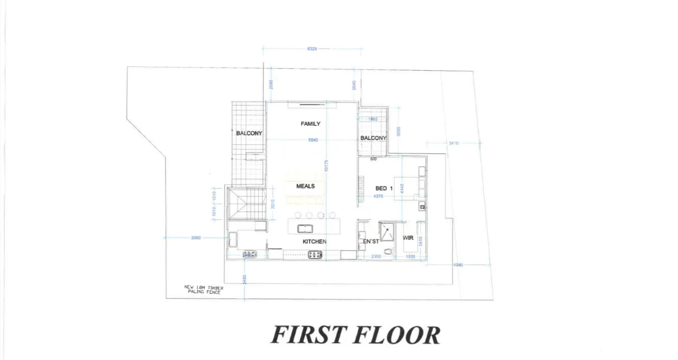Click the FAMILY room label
tap(310, 124)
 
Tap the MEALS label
tap(305, 186)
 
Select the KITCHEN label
tap(315, 241)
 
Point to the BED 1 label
tap(384, 188)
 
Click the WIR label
tap(408, 238)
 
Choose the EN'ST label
tap(371, 241)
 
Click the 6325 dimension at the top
tap(312, 49)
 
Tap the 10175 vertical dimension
tap(327, 165)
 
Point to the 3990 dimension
tap(196, 238)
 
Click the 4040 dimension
tap(459, 265)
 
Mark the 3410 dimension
tap(453, 143)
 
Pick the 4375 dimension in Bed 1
tap(378, 196)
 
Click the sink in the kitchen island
tap(305, 228)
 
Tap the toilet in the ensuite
tap(387, 251)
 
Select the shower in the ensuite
tap(387, 231)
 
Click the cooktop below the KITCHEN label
tap(315, 255)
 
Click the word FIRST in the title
tap(308, 335)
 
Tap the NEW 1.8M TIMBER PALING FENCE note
tap(203, 289)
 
